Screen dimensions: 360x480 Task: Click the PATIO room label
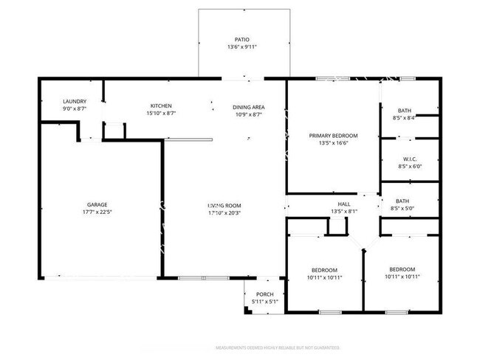pyautogui.click(x=241, y=40)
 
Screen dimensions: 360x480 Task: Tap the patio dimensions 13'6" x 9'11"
pyautogui.click(x=241, y=48)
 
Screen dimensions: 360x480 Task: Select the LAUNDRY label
pyautogui.click(x=75, y=101)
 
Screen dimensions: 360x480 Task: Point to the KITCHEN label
pyautogui.click(x=161, y=105)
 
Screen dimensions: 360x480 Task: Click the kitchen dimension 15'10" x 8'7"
pyautogui.click(x=161, y=114)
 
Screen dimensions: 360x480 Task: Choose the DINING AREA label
pyautogui.click(x=249, y=106)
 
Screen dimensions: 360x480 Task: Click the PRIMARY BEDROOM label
pyautogui.click(x=333, y=135)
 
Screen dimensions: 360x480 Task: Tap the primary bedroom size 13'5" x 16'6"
pyautogui.click(x=333, y=143)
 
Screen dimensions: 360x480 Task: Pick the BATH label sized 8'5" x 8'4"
pyautogui.click(x=404, y=110)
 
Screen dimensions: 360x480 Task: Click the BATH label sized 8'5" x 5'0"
pyautogui.click(x=402, y=201)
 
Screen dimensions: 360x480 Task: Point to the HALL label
pyautogui.click(x=344, y=204)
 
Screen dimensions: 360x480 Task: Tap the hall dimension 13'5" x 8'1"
pyautogui.click(x=344, y=212)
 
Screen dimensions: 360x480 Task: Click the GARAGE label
pyautogui.click(x=97, y=204)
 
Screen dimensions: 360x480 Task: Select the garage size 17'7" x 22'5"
pyautogui.click(x=97, y=212)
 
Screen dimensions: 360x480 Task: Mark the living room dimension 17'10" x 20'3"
pyautogui.click(x=224, y=213)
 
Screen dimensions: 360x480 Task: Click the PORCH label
pyautogui.click(x=264, y=294)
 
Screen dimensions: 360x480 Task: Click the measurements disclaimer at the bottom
pyautogui.click(x=277, y=347)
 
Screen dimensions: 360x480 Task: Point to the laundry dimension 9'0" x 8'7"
pyautogui.click(x=75, y=109)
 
